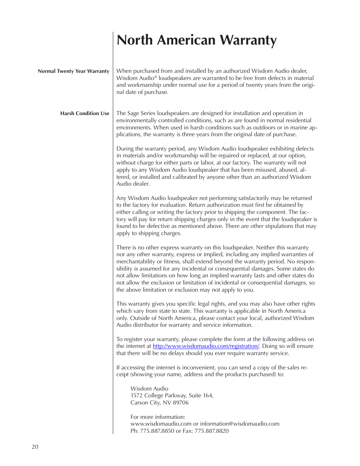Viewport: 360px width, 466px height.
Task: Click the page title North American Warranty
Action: point(197,40)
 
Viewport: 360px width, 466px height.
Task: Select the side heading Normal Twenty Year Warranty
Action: point(73,71)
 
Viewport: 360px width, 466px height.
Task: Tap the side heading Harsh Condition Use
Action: point(85,113)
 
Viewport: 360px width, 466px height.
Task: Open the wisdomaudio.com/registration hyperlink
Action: point(206,346)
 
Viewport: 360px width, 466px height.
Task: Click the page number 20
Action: point(35,447)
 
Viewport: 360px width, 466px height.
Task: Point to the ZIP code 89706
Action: point(181,403)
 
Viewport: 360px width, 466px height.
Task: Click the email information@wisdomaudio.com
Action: point(240,424)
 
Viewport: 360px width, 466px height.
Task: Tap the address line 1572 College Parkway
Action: point(158,395)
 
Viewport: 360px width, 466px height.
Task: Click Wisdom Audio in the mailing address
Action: point(149,389)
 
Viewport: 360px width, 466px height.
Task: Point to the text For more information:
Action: point(158,417)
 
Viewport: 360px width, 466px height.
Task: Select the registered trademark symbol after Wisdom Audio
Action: point(155,77)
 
